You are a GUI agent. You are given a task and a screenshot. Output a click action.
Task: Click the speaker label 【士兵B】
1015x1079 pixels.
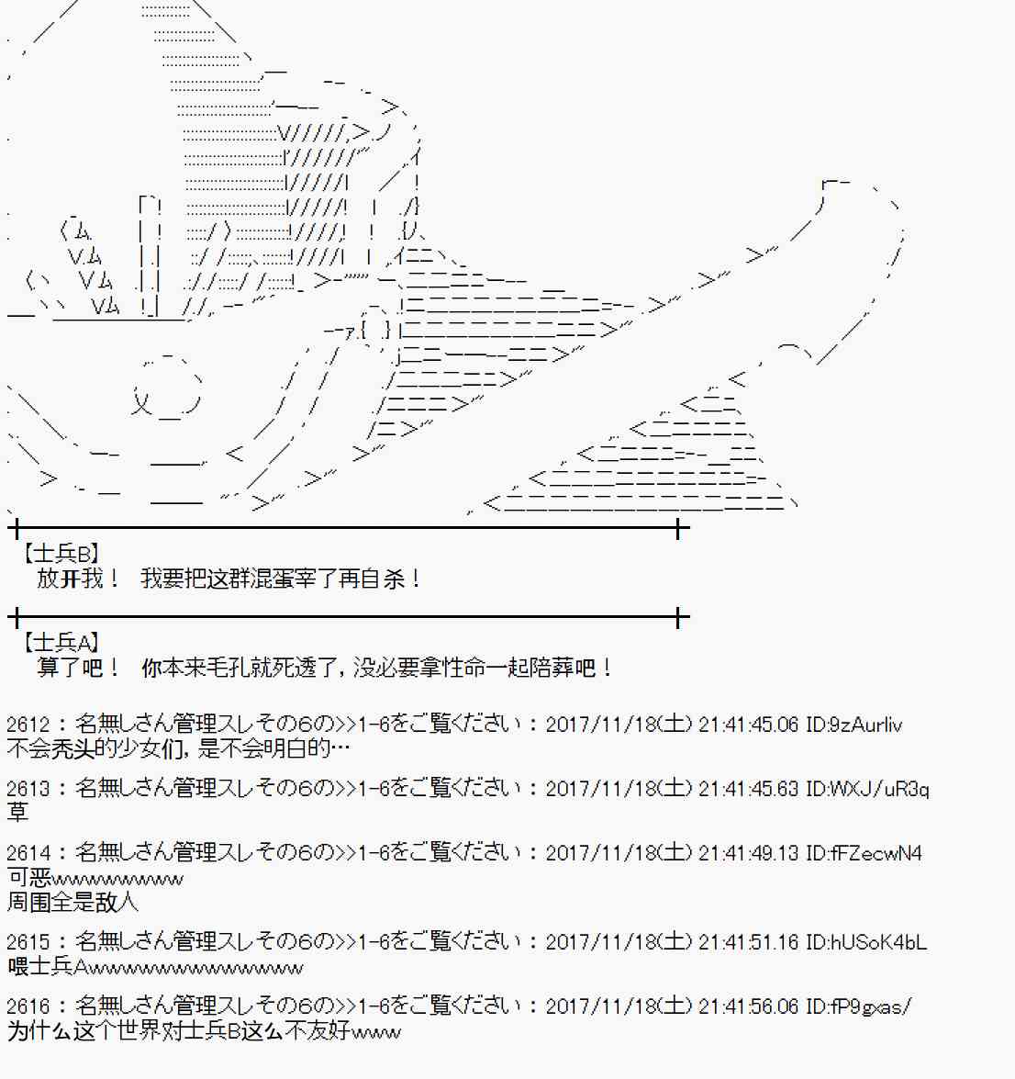click(61, 553)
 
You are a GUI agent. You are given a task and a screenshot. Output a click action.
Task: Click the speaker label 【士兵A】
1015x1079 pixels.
click(61, 643)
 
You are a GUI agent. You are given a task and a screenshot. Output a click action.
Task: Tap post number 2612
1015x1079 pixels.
click(28, 725)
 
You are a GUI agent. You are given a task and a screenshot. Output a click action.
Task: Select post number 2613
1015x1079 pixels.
click(28, 789)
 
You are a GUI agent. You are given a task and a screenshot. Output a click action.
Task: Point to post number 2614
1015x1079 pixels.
click(28, 853)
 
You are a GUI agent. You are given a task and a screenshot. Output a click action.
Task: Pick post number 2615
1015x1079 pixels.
click(28, 941)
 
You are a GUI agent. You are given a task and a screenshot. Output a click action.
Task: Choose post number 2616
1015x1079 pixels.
click(28, 1006)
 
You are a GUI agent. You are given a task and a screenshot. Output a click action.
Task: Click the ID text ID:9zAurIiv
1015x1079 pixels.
click(853, 725)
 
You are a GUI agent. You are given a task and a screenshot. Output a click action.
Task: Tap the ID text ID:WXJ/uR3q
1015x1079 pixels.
click(867, 789)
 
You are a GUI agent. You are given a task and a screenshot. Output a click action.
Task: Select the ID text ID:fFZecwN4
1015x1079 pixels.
click(864, 853)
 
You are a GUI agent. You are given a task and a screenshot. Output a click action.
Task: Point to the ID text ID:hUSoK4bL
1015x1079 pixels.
click(865, 941)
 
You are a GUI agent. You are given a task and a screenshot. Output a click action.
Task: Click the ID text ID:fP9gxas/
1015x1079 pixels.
click(858, 1006)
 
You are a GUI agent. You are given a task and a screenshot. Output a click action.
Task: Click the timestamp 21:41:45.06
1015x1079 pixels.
click(748, 725)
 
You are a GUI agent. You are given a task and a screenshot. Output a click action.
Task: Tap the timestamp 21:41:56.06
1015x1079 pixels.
click(748, 1006)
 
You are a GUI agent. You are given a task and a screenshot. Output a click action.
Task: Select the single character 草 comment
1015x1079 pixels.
click(17, 812)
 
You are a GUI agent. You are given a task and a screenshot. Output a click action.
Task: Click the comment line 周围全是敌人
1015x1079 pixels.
click(72, 902)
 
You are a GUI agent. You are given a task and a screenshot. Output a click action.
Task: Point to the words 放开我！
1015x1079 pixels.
click(78, 578)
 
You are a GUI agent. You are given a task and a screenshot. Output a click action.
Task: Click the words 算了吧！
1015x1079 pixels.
click(78, 668)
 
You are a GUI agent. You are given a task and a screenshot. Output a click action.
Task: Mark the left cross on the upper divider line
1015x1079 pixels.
click(16, 529)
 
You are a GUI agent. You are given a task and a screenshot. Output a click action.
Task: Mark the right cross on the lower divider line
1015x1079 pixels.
click(678, 617)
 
